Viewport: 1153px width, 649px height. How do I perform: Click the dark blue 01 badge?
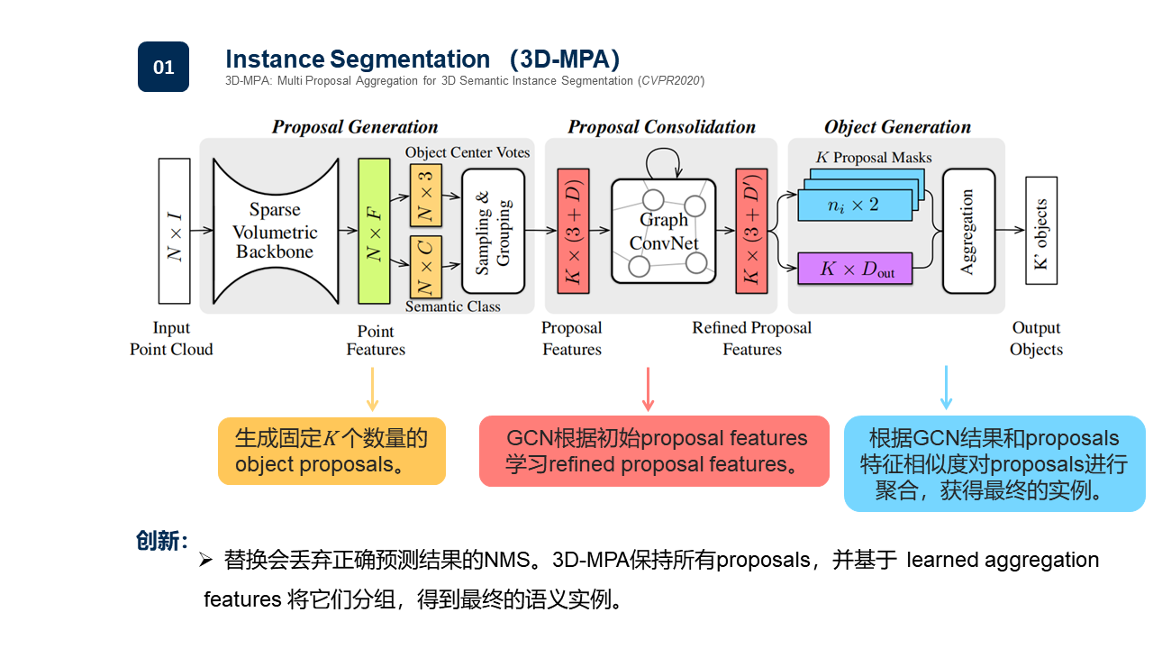163,67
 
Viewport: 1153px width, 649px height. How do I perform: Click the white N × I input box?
174,231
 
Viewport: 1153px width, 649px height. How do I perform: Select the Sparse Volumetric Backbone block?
275,231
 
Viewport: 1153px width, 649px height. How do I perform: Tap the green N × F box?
373,231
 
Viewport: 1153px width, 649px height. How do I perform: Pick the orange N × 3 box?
426,195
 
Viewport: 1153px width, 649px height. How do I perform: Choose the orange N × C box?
426,266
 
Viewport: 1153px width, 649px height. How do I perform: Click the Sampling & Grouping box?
493,231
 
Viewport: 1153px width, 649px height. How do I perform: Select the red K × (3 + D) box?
573,231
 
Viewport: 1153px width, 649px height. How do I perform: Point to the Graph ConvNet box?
663,231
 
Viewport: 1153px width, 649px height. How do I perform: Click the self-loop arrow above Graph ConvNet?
663,162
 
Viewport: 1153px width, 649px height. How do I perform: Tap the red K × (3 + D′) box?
752,231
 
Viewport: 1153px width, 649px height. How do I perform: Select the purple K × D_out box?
855,269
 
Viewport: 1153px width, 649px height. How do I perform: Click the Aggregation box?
968,231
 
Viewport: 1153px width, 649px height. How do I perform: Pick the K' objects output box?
1040,231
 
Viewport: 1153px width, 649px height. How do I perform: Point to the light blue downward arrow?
946,388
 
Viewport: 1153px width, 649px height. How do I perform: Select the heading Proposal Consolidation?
661,127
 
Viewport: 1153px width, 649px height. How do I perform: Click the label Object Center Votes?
468,152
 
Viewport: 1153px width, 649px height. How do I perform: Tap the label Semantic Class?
452,306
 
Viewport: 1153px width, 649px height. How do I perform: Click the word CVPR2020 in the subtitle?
671,81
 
